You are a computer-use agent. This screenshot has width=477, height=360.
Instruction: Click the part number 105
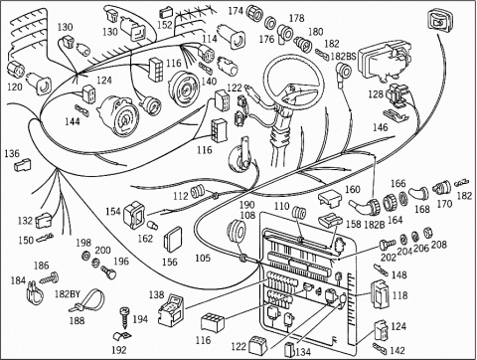pyautogui.click(x=203, y=258)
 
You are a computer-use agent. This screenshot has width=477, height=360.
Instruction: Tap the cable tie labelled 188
pyautogui.click(x=87, y=301)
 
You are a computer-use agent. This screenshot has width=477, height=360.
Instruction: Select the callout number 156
pyautogui.click(x=170, y=262)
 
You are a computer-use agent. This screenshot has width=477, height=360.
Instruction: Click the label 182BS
pyautogui.click(x=343, y=57)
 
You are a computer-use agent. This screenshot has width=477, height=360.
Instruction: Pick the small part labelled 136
pyautogui.click(x=23, y=165)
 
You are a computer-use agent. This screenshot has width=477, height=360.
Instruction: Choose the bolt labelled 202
pyautogui.click(x=387, y=245)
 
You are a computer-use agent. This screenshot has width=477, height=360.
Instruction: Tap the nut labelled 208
pyautogui.click(x=428, y=233)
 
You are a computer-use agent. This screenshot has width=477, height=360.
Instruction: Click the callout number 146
pyautogui.click(x=380, y=127)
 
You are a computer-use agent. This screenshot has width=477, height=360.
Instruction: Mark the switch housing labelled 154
pyautogui.click(x=134, y=214)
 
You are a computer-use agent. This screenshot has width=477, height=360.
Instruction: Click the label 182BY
pyautogui.click(x=68, y=293)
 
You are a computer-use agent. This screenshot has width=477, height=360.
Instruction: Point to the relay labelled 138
pyautogui.click(x=172, y=309)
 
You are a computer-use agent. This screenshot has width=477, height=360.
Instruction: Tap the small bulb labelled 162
pyautogui.click(x=152, y=226)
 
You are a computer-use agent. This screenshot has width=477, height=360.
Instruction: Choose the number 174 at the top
pyautogui.click(x=236, y=11)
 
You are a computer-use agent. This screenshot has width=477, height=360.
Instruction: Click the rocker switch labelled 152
pyautogui.click(x=166, y=13)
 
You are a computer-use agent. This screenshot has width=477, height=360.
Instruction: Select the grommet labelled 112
pyautogui.click(x=198, y=192)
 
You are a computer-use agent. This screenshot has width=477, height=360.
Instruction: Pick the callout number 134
pyautogui.click(x=303, y=352)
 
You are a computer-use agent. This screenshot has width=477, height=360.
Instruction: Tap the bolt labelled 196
pyautogui.click(x=109, y=271)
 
